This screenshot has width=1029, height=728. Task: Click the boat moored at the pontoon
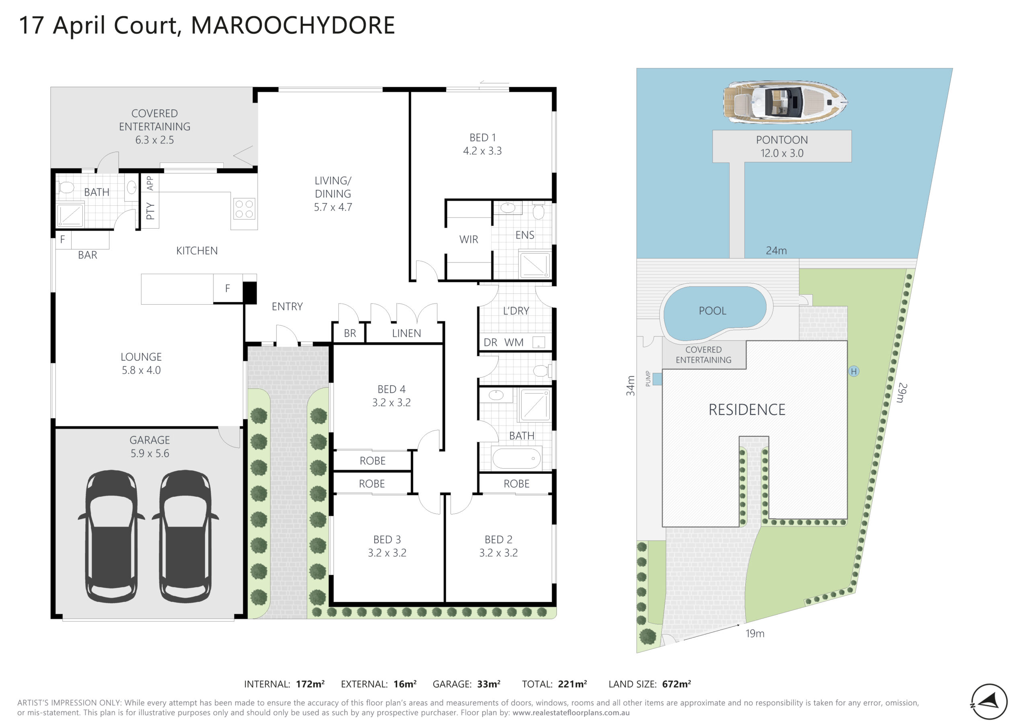[785, 102]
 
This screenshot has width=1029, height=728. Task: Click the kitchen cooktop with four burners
[244, 209]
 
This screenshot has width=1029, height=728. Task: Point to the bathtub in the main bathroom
[517, 459]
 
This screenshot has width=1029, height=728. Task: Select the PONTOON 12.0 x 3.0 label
[782, 146]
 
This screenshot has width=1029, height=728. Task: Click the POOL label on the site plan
[713, 311]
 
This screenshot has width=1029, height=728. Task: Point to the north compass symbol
[989, 701]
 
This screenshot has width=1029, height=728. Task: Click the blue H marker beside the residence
[854, 371]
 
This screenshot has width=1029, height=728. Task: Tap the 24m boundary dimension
[776, 250]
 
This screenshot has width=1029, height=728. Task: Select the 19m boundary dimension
[755, 634]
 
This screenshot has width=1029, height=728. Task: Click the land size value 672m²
[677, 684]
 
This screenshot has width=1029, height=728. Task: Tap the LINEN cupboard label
[406, 333]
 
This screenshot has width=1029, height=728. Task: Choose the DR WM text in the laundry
[503, 342]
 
